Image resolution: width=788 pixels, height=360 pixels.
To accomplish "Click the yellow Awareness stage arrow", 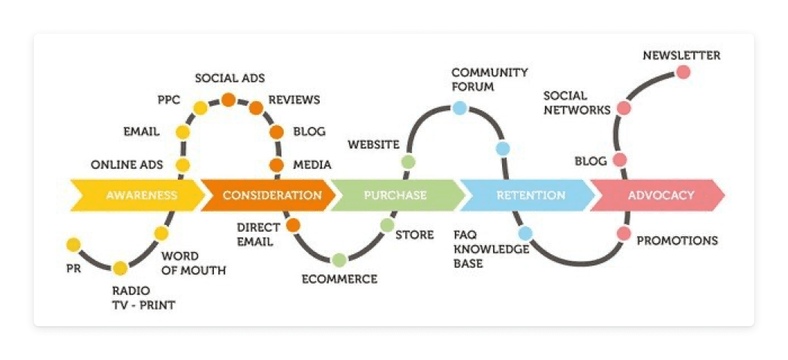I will (x=139, y=195).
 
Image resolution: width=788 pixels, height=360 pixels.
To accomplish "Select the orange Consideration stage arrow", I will (x=270, y=195).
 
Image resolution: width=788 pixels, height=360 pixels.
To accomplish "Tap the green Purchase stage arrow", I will (x=396, y=195).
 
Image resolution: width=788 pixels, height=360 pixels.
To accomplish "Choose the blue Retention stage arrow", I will (x=530, y=195).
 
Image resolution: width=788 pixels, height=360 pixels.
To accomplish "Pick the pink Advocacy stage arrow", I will (x=660, y=195).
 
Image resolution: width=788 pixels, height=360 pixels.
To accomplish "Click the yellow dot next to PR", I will (x=74, y=244).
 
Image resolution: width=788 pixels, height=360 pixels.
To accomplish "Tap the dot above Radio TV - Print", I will (x=120, y=268).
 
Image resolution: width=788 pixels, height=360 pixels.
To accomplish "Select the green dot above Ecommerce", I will (x=339, y=260).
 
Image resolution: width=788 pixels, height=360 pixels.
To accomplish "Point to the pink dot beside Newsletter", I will (x=683, y=73).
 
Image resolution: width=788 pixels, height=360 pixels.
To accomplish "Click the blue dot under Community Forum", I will (x=459, y=108).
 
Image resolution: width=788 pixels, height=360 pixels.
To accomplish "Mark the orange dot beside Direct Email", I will (x=293, y=225).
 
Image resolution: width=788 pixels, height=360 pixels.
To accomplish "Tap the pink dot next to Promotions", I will (x=624, y=233).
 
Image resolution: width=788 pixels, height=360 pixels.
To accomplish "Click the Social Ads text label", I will (x=230, y=78).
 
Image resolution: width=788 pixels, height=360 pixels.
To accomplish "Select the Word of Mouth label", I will (x=194, y=263).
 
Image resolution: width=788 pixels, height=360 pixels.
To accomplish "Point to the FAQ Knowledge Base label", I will (x=480, y=249).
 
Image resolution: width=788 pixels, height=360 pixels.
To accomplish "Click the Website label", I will (x=373, y=144).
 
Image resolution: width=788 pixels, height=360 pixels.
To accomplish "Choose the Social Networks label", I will (x=576, y=103).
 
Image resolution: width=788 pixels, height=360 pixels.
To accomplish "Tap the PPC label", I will (x=169, y=100).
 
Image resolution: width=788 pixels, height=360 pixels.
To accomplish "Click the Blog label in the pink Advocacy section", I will (x=591, y=161).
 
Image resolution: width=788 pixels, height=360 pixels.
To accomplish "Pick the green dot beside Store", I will (x=387, y=225).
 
